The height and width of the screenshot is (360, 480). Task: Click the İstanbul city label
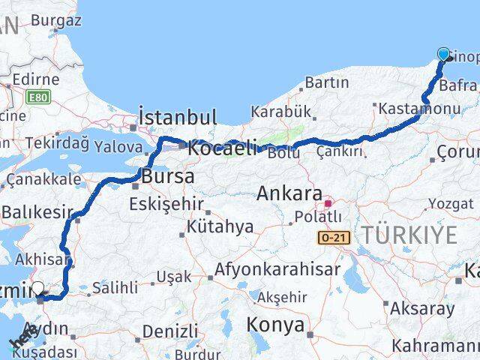point(178,118)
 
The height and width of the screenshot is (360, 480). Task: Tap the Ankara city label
point(289,193)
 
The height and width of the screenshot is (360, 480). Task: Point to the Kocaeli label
point(222,148)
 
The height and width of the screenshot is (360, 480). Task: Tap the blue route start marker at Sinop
point(443,54)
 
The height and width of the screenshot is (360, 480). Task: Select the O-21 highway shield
point(334,238)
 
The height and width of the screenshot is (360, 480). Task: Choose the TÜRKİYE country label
point(409,235)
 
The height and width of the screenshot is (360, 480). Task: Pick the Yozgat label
point(451,203)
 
